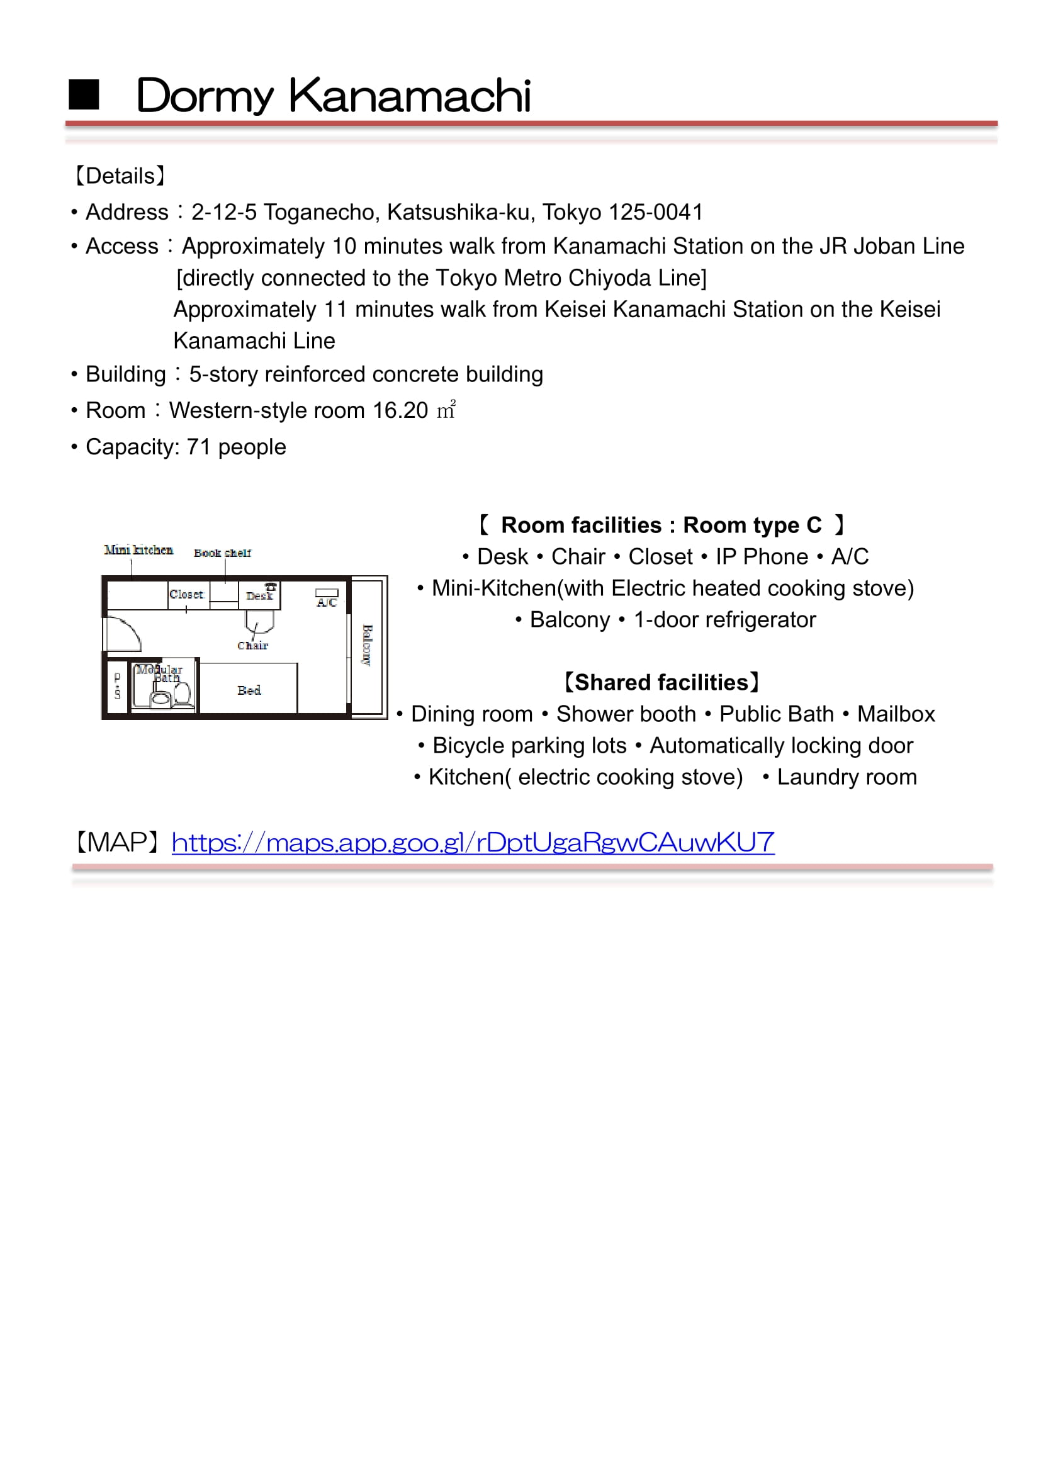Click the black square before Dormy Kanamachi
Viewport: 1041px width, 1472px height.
[x=83, y=95]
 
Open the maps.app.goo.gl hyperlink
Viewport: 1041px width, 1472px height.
[x=473, y=842]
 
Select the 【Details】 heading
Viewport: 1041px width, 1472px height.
[x=120, y=176]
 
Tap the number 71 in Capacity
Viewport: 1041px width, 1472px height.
[x=198, y=447]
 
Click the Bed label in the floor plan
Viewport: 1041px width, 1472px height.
[x=249, y=690]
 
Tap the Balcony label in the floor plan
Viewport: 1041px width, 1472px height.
[x=368, y=644]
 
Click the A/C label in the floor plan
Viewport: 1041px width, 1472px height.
[x=326, y=602]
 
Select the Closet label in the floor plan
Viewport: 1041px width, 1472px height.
[x=186, y=594]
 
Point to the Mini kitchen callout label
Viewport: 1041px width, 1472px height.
[x=138, y=550]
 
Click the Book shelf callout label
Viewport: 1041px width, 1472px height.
[x=222, y=553]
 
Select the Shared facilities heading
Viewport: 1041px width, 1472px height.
[x=661, y=682]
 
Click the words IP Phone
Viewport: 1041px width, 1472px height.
[x=762, y=556]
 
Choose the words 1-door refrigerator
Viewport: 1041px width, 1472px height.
[x=724, y=620]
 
